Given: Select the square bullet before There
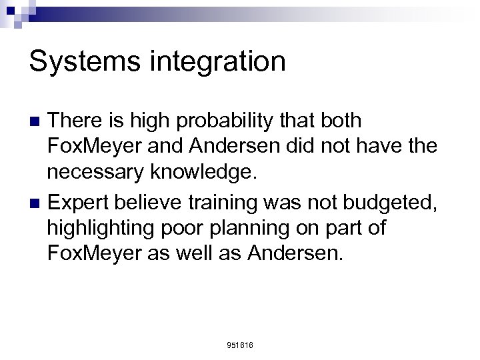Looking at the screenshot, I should point(37,121).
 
